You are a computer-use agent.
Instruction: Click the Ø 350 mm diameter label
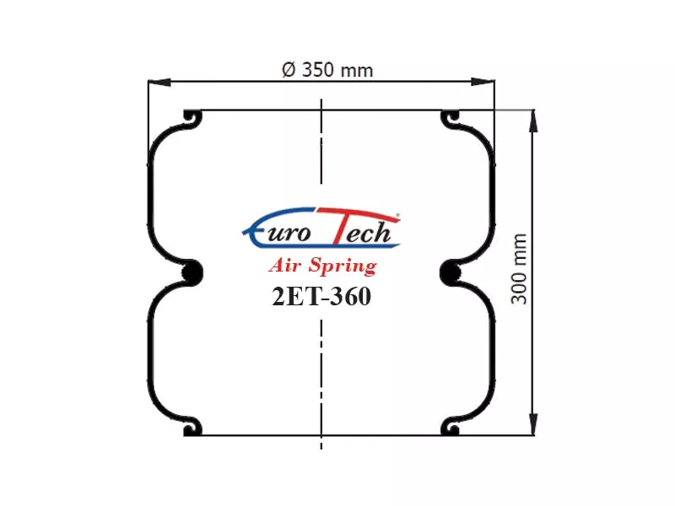pos(327,70)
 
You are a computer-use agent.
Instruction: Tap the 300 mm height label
pos(519,269)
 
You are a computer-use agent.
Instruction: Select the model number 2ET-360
pos(321,297)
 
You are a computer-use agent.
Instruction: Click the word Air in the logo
pos(284,265)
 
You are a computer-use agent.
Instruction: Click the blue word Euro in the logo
pos(277,230)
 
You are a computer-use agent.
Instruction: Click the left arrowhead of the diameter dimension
pos(159,82)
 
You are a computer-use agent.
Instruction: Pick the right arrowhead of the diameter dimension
pos(483,82)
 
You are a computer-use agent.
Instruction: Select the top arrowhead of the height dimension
pos(533,121)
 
